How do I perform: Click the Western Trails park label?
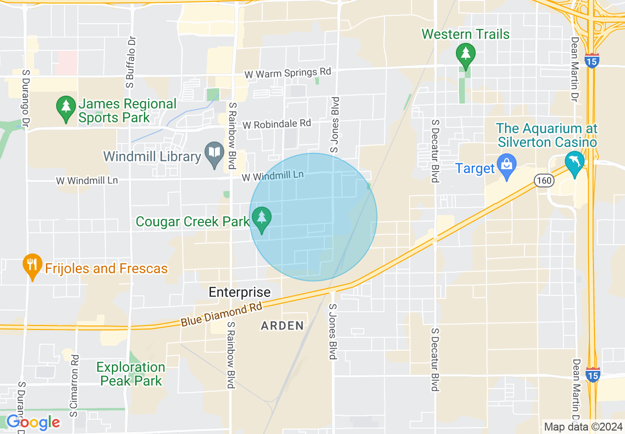point(465,35)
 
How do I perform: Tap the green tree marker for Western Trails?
point(465,55)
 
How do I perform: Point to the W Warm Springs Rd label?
point(288,73)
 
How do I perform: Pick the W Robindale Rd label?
point(283,123)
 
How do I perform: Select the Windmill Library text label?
point(152,157)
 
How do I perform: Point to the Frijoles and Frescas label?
point(106,269)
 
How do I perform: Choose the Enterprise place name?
point(240,292)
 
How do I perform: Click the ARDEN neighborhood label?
point(282,325)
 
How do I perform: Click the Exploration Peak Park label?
point(131,374)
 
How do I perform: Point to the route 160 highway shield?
point(544,181)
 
